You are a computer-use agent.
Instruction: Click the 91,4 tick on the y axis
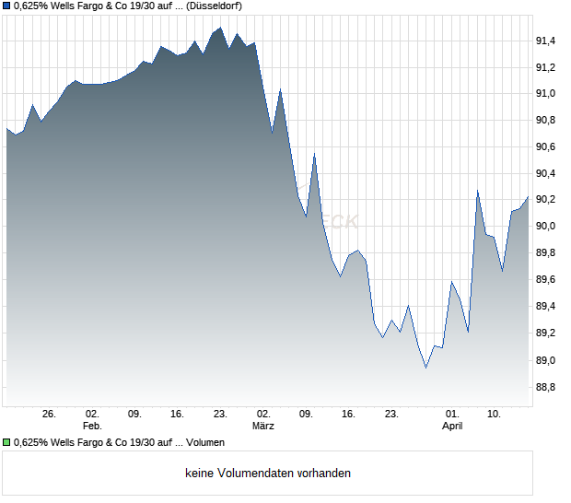point(545,41)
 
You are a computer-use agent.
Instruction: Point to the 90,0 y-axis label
point(545,227)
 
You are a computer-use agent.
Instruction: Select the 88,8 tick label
point(545,387)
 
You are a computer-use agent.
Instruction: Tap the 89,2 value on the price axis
point(545,333)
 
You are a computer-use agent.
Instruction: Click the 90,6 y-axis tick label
point(545,147)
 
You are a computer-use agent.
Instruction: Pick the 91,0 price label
point(545,94)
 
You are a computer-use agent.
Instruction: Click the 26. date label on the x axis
point(50,415)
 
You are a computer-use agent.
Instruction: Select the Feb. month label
point(92,427)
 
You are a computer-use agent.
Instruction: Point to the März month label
point(263,427)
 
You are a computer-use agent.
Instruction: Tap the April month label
point(452,427)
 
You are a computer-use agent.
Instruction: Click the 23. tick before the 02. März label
point(220,415)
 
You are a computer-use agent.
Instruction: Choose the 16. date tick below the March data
point(348,415)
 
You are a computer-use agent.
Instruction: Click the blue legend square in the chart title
point(7,6)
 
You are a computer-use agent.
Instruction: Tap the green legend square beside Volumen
point(7,443)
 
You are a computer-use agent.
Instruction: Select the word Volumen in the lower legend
point(205,443)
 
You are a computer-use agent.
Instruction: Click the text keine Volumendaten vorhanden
point(268,474)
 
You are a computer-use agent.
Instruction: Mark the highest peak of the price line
point(220,28)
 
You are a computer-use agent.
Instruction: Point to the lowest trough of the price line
point(425,368)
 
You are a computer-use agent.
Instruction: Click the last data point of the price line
point(529,195)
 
